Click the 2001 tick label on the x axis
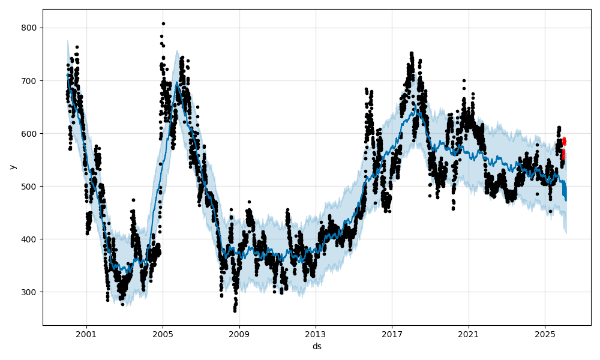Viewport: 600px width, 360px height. [86, 333]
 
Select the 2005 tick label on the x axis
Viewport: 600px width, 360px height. [163, 333]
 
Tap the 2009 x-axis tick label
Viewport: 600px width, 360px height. [239, 333]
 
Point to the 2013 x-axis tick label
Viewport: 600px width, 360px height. [316, 333]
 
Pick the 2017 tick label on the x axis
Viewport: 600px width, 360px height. [392, 333]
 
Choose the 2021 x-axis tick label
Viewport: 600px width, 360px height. [469, 333]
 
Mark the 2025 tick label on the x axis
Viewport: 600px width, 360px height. [545, 333]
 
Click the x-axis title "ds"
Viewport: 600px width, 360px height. [317, 346]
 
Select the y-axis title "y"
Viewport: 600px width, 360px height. [13, 167]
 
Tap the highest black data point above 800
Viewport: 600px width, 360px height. [163, 24]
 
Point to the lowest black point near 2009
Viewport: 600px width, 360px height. [235, 311]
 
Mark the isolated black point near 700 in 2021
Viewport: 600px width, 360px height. [464, 80]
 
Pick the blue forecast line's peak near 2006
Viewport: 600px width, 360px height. [177, 84]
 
